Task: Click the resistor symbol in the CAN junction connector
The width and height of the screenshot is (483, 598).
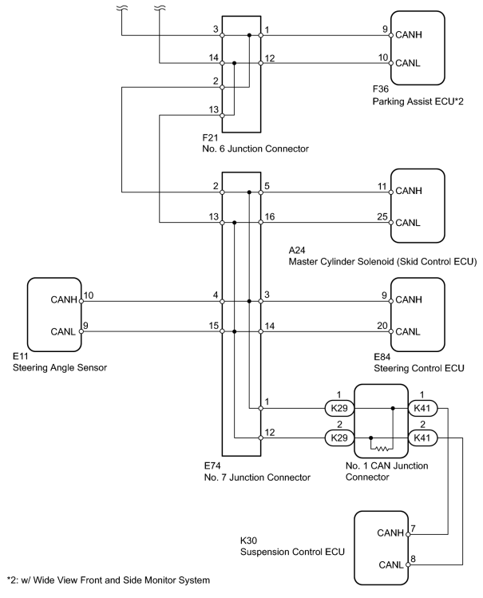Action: (382, 449)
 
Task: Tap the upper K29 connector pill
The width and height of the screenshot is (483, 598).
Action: (339, 408)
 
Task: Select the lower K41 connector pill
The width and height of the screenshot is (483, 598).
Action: (422, 438)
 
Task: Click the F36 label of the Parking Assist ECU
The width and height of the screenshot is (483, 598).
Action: (381, 89)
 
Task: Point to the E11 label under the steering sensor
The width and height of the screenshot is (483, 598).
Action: (20, 356)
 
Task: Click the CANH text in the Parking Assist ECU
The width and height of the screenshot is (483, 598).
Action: (409, 34)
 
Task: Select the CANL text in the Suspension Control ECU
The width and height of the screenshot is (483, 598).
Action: (390, 564)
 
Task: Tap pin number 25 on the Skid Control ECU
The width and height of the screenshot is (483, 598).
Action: (382, 216)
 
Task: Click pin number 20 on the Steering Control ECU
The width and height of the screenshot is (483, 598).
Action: (382, 326)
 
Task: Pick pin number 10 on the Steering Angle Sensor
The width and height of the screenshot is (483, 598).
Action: (89, 295)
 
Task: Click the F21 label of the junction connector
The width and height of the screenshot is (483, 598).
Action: (210, 137)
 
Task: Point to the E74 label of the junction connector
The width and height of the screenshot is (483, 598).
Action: (212, 465)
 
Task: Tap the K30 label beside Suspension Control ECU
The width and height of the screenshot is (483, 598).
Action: (248, 541)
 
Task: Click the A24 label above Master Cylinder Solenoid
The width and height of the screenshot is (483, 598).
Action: (297, 250)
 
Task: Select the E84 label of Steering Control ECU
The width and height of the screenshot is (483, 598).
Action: (382, 357)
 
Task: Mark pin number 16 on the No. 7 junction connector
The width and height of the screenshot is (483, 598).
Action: (270, 216)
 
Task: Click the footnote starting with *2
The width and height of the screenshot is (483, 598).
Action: (109, 580)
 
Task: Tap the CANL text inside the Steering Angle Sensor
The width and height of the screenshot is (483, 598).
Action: (63, 332)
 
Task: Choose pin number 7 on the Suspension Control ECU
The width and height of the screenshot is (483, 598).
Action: (413, 529)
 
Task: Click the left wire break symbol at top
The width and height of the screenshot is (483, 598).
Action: (122, 8)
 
